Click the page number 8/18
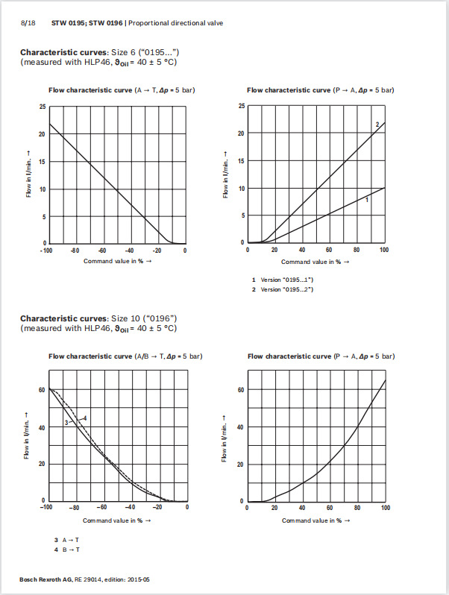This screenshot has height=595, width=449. pyautogui.click(x=28, y=23)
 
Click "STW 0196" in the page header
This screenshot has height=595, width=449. pyautogui.click(x=109, y=23)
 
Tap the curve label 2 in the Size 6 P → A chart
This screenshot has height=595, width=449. pyautogui.click(x=377, y=125)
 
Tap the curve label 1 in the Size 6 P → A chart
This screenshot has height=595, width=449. pyautogui.click(x=367, y=200)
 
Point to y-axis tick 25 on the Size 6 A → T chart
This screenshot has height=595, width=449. pyautogui.click(x=43, y=107)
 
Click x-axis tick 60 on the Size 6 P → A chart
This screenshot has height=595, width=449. pyautogui.click(x=330, y=251)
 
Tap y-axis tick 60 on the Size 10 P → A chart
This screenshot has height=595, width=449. pyautogui.click(x=242, y=390)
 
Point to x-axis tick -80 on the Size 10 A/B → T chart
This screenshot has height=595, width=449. pyautogui.click(x=74, y=508)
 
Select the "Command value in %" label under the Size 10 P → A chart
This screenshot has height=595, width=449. pyautogui.click(x=315, y=520)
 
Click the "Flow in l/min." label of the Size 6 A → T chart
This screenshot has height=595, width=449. pyautogui.click(x=26, y=174)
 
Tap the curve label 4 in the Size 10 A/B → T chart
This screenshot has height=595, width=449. pyautogui.click(x=86, y=418)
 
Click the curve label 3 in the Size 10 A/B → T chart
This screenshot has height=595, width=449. pyautogui.click(x=66, y=423)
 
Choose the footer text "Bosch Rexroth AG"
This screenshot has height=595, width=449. pyautogui.click(x=44, y=579)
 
